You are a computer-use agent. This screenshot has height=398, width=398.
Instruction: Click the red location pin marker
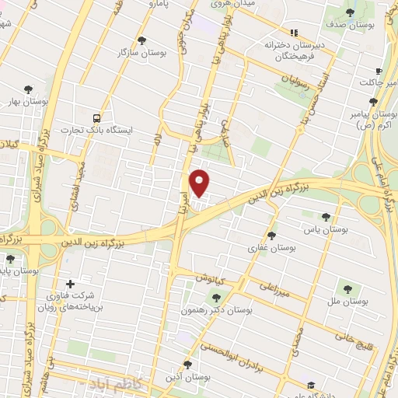(200, 183)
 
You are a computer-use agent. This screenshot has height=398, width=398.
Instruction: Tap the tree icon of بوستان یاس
(326, 217)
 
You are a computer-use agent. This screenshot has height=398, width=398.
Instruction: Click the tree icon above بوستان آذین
(187, 364)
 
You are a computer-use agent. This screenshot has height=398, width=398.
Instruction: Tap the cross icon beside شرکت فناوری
(70, 285)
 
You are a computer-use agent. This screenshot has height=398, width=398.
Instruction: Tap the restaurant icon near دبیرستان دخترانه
(293, 33)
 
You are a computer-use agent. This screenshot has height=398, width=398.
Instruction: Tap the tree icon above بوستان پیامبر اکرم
(374, 101)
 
